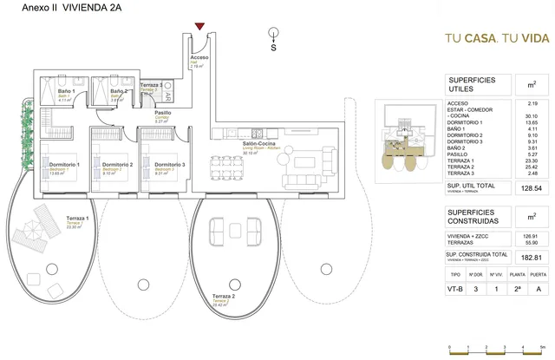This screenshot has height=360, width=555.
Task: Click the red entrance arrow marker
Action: click(200, 28)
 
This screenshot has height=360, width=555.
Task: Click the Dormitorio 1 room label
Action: click(65, 165)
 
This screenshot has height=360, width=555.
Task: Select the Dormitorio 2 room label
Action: click(117, 165)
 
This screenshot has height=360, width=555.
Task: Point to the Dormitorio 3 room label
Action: click(169, 165)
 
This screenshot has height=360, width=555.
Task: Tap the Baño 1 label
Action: click(66, 91)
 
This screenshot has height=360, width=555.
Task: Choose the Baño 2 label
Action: click(119, 91)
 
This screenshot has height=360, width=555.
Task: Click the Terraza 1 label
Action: click(77, 219)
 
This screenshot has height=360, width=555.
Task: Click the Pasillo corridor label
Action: click(162, 114)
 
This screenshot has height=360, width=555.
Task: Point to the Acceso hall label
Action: click(199, 58)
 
